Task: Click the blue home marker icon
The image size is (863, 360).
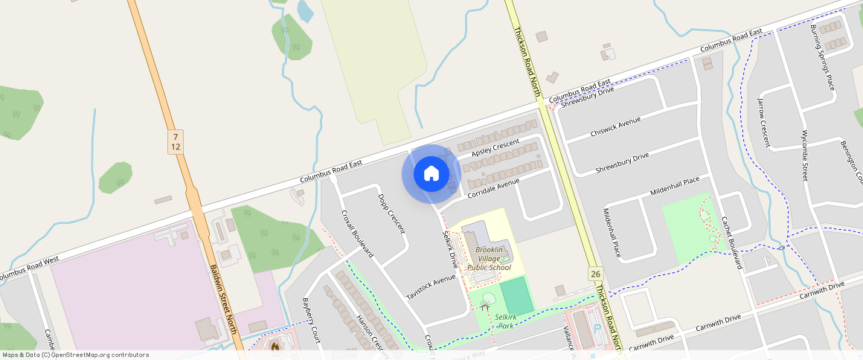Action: tap(431, 174)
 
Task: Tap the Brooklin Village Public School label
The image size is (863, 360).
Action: tap(489, 257)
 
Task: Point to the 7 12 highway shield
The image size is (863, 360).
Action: tap(175, 141)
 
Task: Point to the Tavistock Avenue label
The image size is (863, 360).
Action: tap(430, 288)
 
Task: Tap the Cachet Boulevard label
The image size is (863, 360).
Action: tap(732, 242)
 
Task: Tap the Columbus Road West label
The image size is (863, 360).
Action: tap(28, 269)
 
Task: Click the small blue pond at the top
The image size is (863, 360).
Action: tap(305, 10)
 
